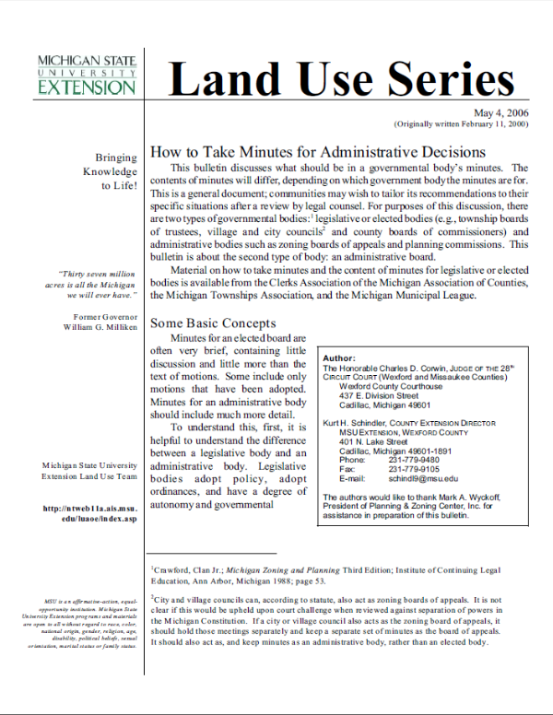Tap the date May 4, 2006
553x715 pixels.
point(501,111)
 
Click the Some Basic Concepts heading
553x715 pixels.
point(213,323)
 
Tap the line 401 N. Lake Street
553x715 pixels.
point(381,440)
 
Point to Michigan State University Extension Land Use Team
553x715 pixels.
point(90,471)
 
